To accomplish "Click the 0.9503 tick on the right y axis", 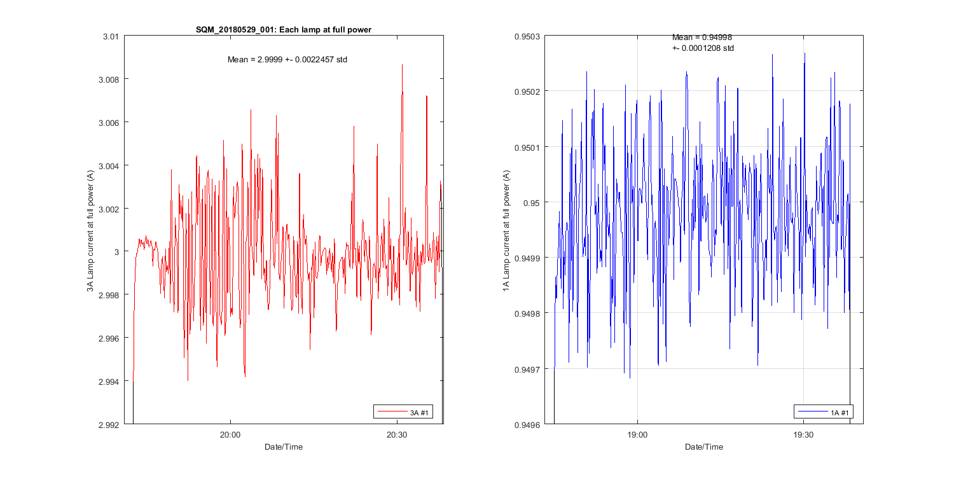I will coord(527,36).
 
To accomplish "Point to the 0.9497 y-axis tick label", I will coord(527,369).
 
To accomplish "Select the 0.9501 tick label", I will coord(527,148).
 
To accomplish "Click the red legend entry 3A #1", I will coord(405,413).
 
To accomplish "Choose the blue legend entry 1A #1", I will coord(825,413).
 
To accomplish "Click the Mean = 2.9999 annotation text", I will coord(287,59).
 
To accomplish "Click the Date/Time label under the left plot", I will coord(284,447).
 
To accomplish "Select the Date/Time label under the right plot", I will coord(703,447).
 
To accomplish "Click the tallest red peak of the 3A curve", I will coord(402,65).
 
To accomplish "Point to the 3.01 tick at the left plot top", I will coord(111,36).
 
